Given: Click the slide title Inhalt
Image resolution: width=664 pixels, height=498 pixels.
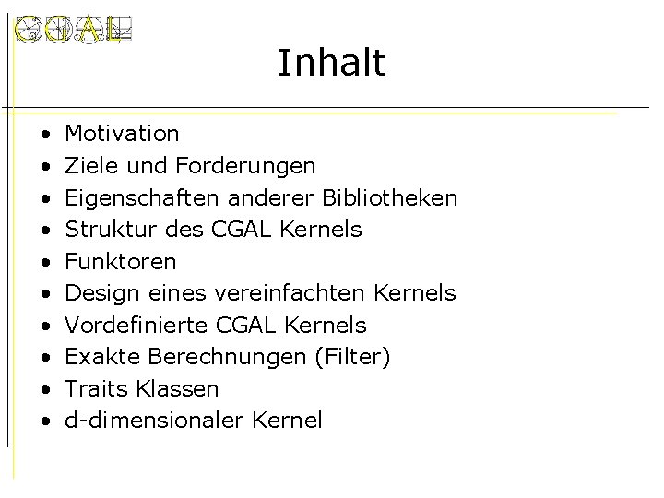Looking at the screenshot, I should [331, 63].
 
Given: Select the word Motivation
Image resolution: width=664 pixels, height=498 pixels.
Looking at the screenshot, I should [123, 134].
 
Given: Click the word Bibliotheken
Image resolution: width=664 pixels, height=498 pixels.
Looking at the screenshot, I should [390, 198].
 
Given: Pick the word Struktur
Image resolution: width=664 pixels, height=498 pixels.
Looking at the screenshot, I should [102, 230].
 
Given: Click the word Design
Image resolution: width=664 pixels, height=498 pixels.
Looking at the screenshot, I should [101, 294].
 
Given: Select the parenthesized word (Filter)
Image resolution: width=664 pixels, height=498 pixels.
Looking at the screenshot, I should [353, 357].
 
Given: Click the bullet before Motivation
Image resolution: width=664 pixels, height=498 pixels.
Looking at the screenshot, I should [44, 135].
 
